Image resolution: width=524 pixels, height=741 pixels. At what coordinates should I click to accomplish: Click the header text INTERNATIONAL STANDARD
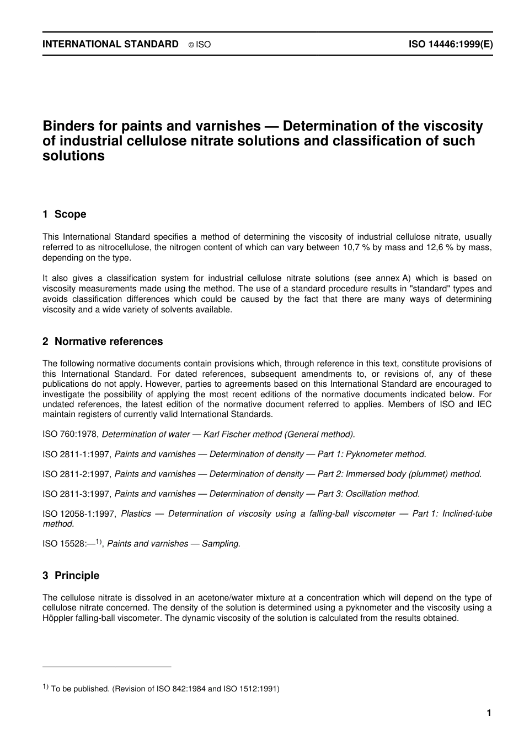pos(110,44)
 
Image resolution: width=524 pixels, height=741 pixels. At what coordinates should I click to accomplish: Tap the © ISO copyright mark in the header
pos(200,45)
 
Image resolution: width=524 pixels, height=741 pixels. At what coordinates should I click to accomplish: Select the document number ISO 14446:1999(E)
pos(451,44)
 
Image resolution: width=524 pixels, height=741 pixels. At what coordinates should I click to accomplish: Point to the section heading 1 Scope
pos(65,214)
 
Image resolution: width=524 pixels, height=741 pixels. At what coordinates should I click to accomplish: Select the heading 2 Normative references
pos(103,342)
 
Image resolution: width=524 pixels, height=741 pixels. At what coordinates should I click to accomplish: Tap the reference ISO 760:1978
pos(71,434)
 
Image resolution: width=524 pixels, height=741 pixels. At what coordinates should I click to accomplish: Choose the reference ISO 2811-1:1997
pos(77,454)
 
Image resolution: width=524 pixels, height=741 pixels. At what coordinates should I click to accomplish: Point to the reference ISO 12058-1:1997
pos(79,513)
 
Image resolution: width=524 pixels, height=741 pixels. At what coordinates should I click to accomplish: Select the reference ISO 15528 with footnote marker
pos(72,544)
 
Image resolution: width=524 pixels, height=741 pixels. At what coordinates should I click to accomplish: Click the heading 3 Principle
pos(71,576)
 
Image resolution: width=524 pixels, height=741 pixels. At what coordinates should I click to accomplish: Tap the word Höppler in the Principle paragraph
pos(57,618)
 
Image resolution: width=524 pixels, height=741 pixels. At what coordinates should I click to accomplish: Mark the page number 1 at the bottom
pos(489,713)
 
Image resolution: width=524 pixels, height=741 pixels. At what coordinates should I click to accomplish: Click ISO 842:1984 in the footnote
pos(183,689)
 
